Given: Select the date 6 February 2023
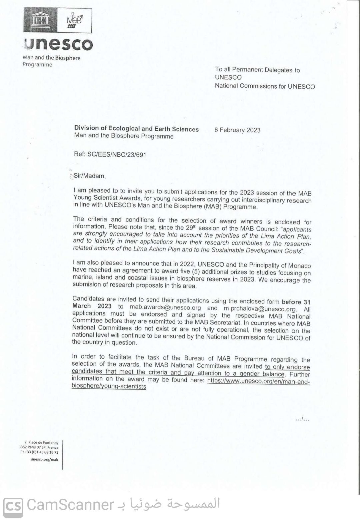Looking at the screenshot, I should [237, 130].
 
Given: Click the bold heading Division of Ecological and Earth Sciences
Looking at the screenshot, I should [136, 129].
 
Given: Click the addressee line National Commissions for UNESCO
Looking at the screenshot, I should [265, 86].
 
